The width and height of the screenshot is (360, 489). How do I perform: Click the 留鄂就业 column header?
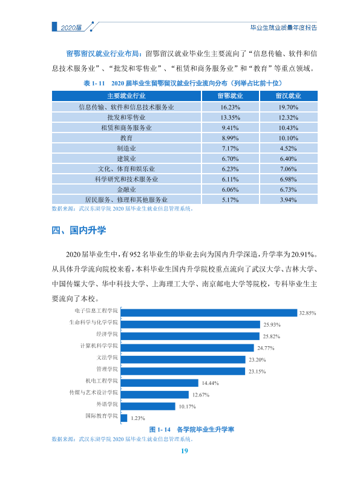230,96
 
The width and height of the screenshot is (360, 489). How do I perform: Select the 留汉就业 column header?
289,96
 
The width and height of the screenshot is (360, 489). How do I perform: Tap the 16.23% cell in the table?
230,107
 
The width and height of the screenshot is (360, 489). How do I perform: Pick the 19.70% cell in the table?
289,107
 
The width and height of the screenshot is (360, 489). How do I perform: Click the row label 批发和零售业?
126,117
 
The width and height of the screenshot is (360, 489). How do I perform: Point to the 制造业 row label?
126,148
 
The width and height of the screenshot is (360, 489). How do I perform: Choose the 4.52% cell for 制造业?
289,148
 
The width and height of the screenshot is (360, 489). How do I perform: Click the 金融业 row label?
126,189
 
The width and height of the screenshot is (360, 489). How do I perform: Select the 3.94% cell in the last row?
289,200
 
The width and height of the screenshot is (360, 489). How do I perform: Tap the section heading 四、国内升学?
79,230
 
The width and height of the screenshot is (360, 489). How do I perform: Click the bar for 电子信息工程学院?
209,313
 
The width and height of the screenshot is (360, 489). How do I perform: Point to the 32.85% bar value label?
307,313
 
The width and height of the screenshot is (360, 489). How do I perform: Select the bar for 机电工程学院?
160,383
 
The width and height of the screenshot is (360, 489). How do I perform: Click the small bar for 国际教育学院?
124,418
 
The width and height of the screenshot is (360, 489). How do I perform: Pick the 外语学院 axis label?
107,404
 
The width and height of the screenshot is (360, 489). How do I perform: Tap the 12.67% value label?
201,395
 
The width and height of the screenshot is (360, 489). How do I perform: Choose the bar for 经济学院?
190,336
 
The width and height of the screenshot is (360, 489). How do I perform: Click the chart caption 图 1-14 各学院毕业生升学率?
191,430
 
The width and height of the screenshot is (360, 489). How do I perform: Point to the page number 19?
185,451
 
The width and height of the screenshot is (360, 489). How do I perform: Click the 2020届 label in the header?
71,28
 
